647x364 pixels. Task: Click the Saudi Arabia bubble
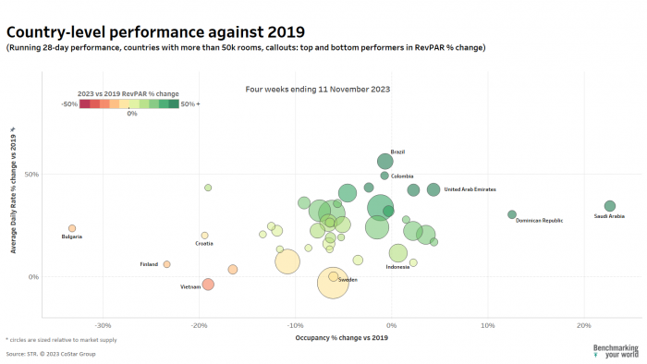click(x=609, y=206)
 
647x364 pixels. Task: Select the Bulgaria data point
click(x=72, y=228)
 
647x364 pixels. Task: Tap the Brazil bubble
click(x=385, y=162)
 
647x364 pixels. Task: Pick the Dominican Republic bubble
click(x=512, y=214)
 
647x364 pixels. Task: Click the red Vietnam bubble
click(x=208, y=285)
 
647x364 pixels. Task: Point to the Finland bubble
click(x=166, y=264)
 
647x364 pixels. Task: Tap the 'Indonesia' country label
click(x=397, y=267)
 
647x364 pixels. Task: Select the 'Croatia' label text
click(x=204, y=244)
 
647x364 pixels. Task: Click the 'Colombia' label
click(x=402, y=176)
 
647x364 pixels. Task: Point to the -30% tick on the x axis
click(x=104, y=325)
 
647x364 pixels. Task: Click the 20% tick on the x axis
click(x=583, y=325)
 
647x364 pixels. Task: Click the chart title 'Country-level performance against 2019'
click(x=155, y=32)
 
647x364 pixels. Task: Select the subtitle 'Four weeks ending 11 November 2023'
click(x=317, y=90)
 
